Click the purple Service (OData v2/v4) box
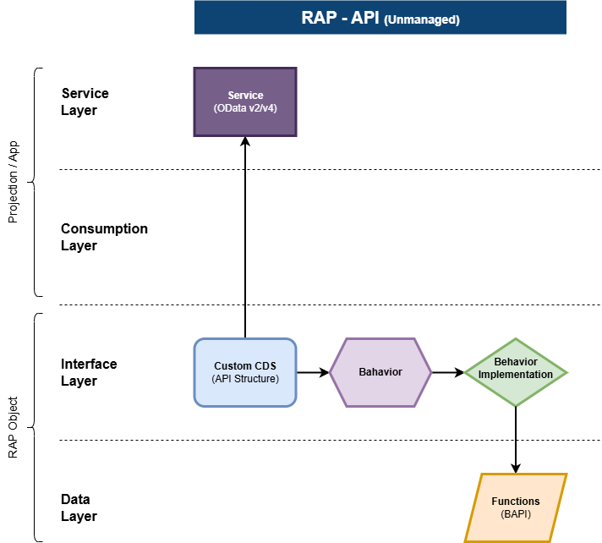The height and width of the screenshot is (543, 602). [245, 101]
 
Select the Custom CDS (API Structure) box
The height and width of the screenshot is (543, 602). [245, 372]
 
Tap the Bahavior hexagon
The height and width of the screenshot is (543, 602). [380, 372]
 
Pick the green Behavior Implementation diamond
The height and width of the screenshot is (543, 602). [516, 372]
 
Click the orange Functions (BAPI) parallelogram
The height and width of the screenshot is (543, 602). [516, 507]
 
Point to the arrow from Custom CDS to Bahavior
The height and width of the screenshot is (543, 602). [313, 372]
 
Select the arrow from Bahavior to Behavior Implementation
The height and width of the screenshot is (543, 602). [448, 372]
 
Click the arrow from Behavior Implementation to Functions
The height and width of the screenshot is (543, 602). [516, 440]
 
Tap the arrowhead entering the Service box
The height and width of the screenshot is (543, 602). [245, 141]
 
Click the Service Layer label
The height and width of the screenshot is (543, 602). [85, 101]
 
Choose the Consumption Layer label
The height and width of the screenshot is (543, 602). [104, 237]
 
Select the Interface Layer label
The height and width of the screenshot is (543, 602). [89, 372]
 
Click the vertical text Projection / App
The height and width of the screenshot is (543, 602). [13, 182]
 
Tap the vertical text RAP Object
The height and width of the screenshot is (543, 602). [13, 427]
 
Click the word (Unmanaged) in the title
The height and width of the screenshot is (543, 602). [422, 19]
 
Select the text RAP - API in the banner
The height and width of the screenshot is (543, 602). [340, 18]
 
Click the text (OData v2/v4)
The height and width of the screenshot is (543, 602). [245, 108]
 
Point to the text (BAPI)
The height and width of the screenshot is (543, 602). [516, 514]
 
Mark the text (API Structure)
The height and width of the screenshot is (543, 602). [245, 379]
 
